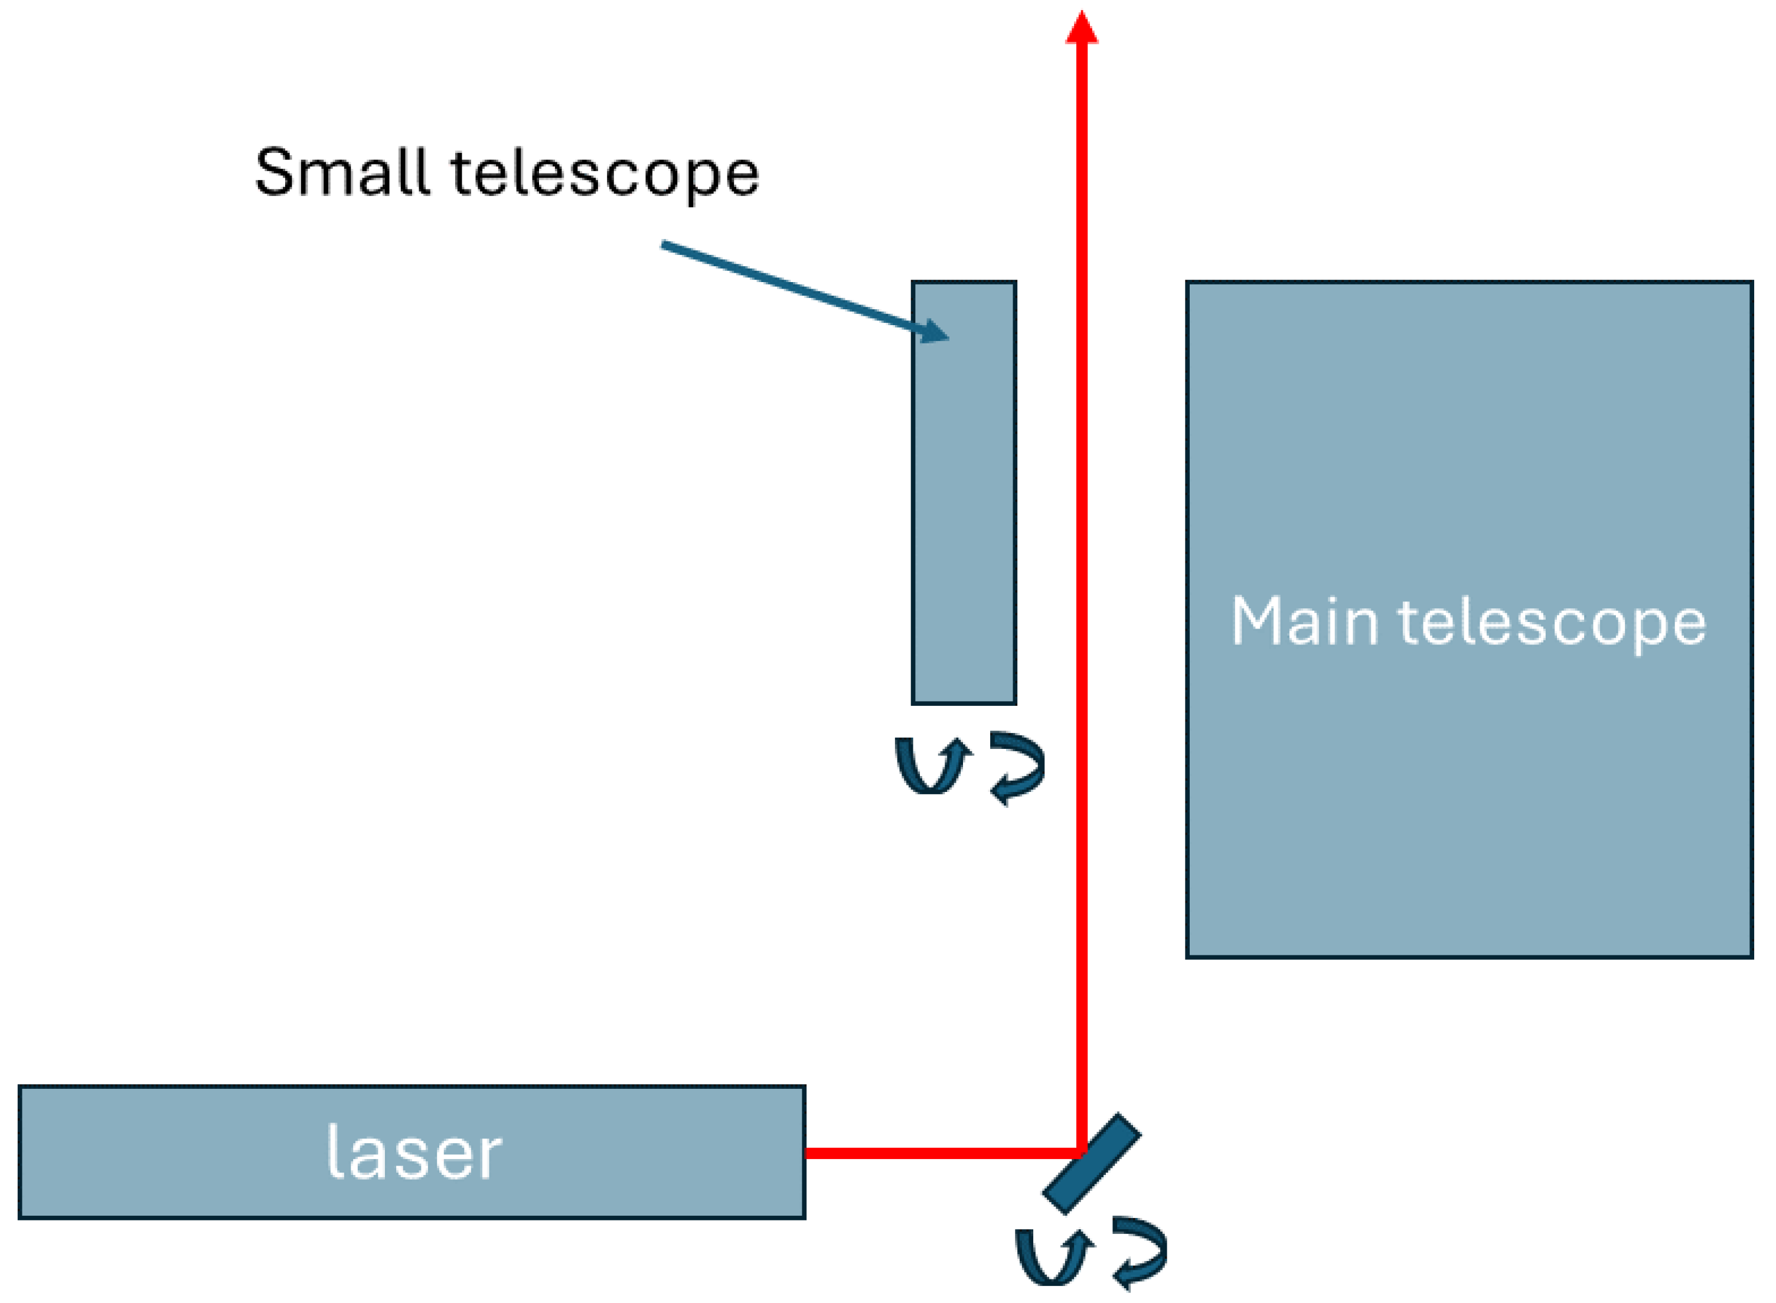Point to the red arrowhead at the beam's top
[x=1082, y=28]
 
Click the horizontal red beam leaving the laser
[x=939, y=1153]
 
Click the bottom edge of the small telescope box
[x=964, y=702]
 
